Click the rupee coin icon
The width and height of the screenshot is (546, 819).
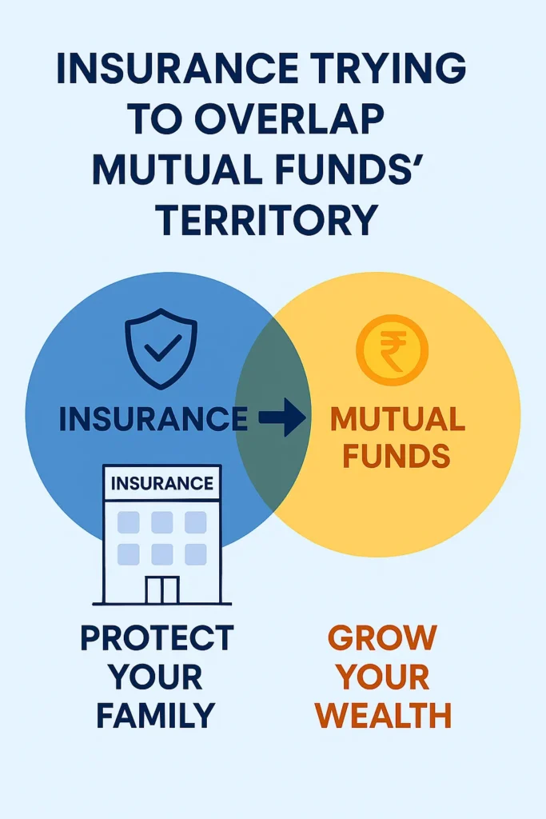(392, 350)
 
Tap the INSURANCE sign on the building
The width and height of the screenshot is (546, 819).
(162, 484)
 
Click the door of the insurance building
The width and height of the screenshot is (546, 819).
(162, 590)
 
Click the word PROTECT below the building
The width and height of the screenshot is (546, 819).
(157, 638)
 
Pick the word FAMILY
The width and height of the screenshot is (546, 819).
(157, 714)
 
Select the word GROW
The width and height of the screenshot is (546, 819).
(383, 638)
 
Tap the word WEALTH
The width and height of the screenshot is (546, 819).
(383, 714)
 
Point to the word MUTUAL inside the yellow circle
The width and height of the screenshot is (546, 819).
(397, 419)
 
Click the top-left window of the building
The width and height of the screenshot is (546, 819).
(129, 522)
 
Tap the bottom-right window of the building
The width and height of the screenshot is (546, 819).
(196, 554)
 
